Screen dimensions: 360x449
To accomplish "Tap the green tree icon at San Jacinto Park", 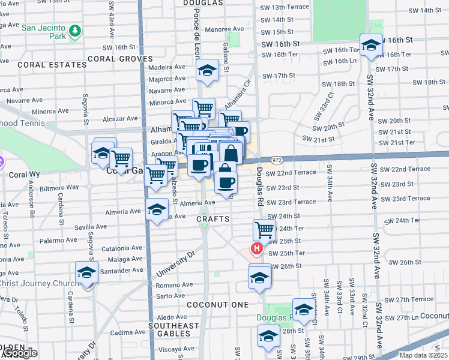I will [75, 29].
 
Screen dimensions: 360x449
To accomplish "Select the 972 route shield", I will [277, 160].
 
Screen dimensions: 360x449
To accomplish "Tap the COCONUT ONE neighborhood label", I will [217, 305].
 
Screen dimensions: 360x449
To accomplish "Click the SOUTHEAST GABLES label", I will [174, 329].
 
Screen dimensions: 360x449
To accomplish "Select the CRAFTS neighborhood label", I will [213, 220].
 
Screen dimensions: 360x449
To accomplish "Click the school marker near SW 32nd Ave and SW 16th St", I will [372, 46].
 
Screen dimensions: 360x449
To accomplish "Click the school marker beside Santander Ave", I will [87, 272].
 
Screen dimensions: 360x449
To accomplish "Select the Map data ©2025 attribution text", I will [423, 355].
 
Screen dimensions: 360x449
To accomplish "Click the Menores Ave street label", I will [224, 28].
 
